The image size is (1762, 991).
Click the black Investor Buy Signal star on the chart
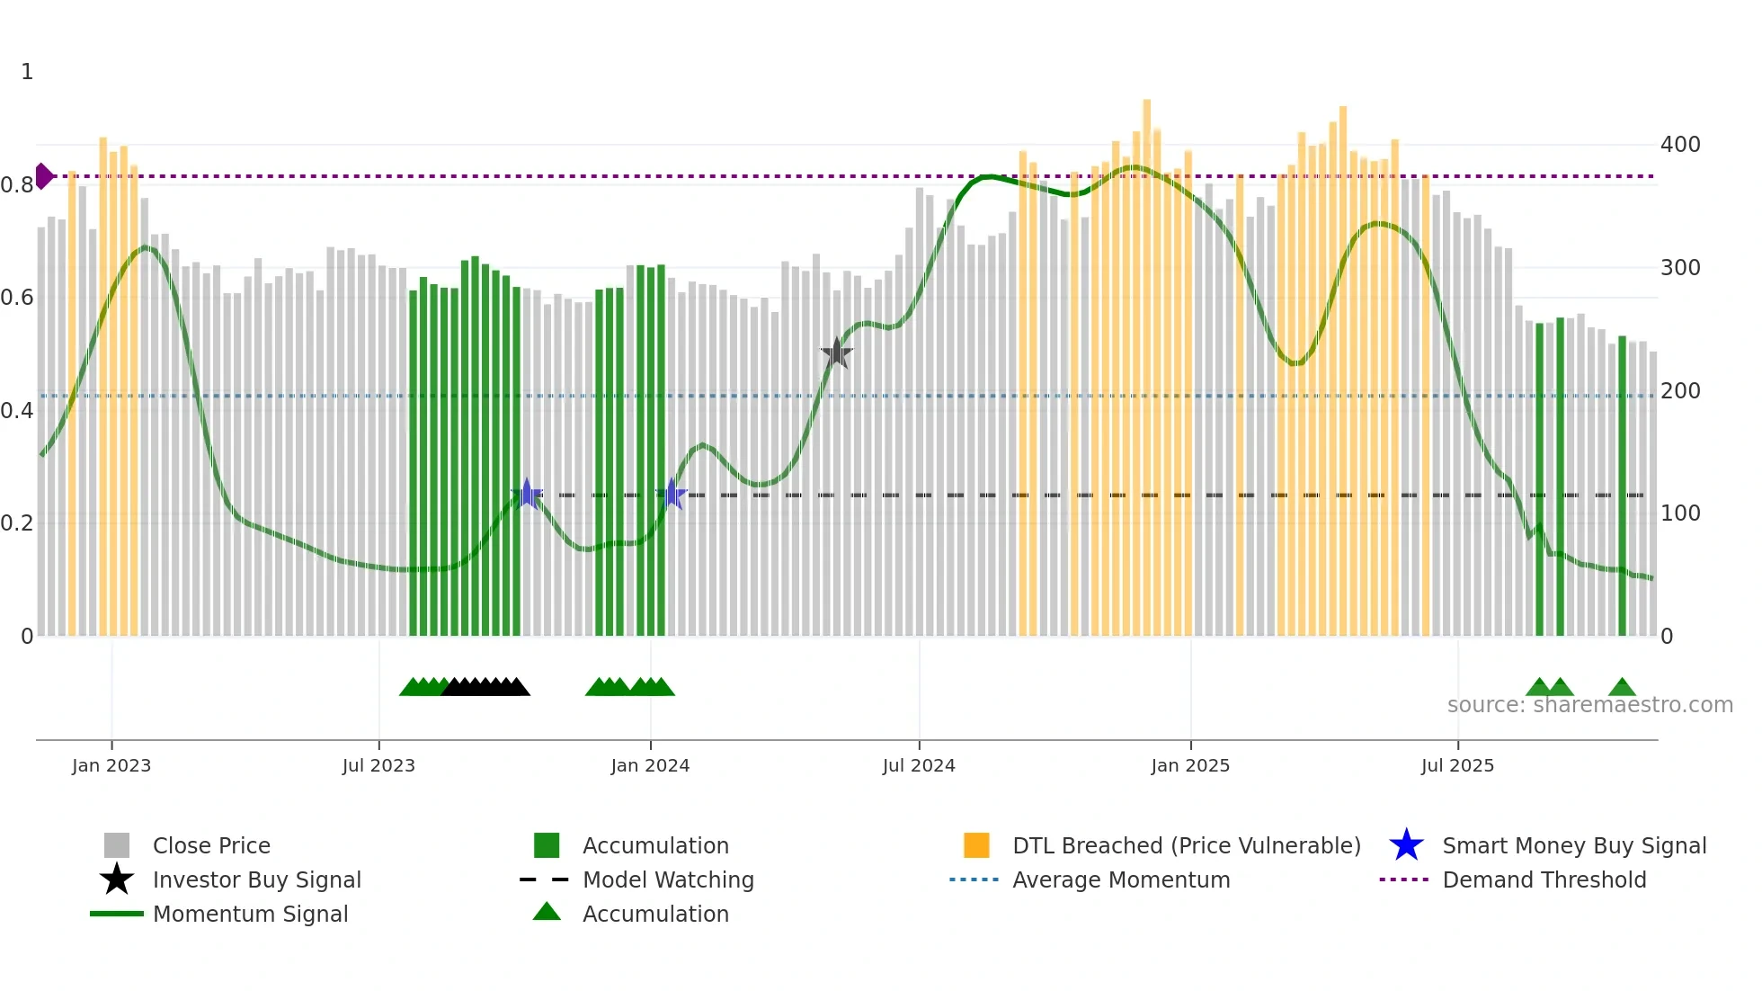pos(837,353)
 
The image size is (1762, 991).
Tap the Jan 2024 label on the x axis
pos(650,765)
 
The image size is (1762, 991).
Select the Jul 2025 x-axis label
pos(1457,765)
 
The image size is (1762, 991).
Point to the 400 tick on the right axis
pos(1680,145)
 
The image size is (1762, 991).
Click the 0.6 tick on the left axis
pos(16,298)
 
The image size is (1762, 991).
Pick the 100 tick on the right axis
pos(1680,513)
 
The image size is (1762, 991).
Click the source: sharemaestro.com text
pos(1589,705)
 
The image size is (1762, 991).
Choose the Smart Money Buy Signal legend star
pos(1406,845)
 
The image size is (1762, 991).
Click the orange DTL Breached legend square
pos(976,845)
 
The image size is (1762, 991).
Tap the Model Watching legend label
pos(668,879)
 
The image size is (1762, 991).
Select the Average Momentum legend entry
pos(1120,879)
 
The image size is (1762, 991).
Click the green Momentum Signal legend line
pos(117,914)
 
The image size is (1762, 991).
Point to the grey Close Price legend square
pos(117,845)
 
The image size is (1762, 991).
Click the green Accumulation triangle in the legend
pos(547,912)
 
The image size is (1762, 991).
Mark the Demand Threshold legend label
pos(1544,879)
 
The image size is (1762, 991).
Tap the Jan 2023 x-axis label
pos(111,765)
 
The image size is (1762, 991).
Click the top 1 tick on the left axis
pos(27,72)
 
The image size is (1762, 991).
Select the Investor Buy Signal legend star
pos(117,879)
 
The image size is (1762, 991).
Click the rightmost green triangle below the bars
pos(1622,688)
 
